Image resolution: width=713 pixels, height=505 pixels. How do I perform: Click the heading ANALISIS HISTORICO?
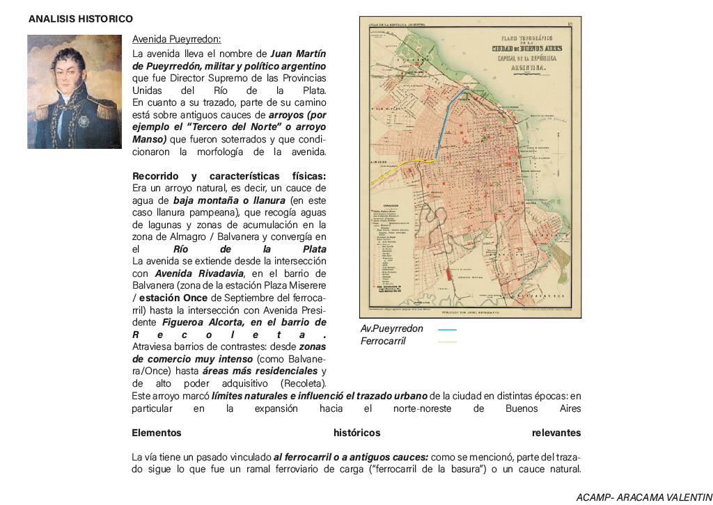(x=81, y=19)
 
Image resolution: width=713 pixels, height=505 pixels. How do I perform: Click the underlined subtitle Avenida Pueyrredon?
(x=176, y=39)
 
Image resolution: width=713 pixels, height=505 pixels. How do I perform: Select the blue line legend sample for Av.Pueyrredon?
(x=447, y=329)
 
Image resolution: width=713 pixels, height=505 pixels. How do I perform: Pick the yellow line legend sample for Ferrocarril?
(x=447, y=342)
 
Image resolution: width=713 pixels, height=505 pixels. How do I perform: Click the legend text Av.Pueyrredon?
(x=391, y=329)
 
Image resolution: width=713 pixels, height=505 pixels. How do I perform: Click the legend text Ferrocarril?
(x=383, y=342)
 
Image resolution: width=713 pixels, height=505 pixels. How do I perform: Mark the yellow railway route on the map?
(x=397, y=169)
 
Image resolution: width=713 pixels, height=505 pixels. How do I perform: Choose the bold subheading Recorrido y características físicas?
(x=228, y=176)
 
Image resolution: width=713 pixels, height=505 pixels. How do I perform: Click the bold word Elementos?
(x=157, y=433)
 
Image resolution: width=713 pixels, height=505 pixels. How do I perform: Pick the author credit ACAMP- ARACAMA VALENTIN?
(x=641, y=497)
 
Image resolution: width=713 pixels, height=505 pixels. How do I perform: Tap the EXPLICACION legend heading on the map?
(x=389, y=205)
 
